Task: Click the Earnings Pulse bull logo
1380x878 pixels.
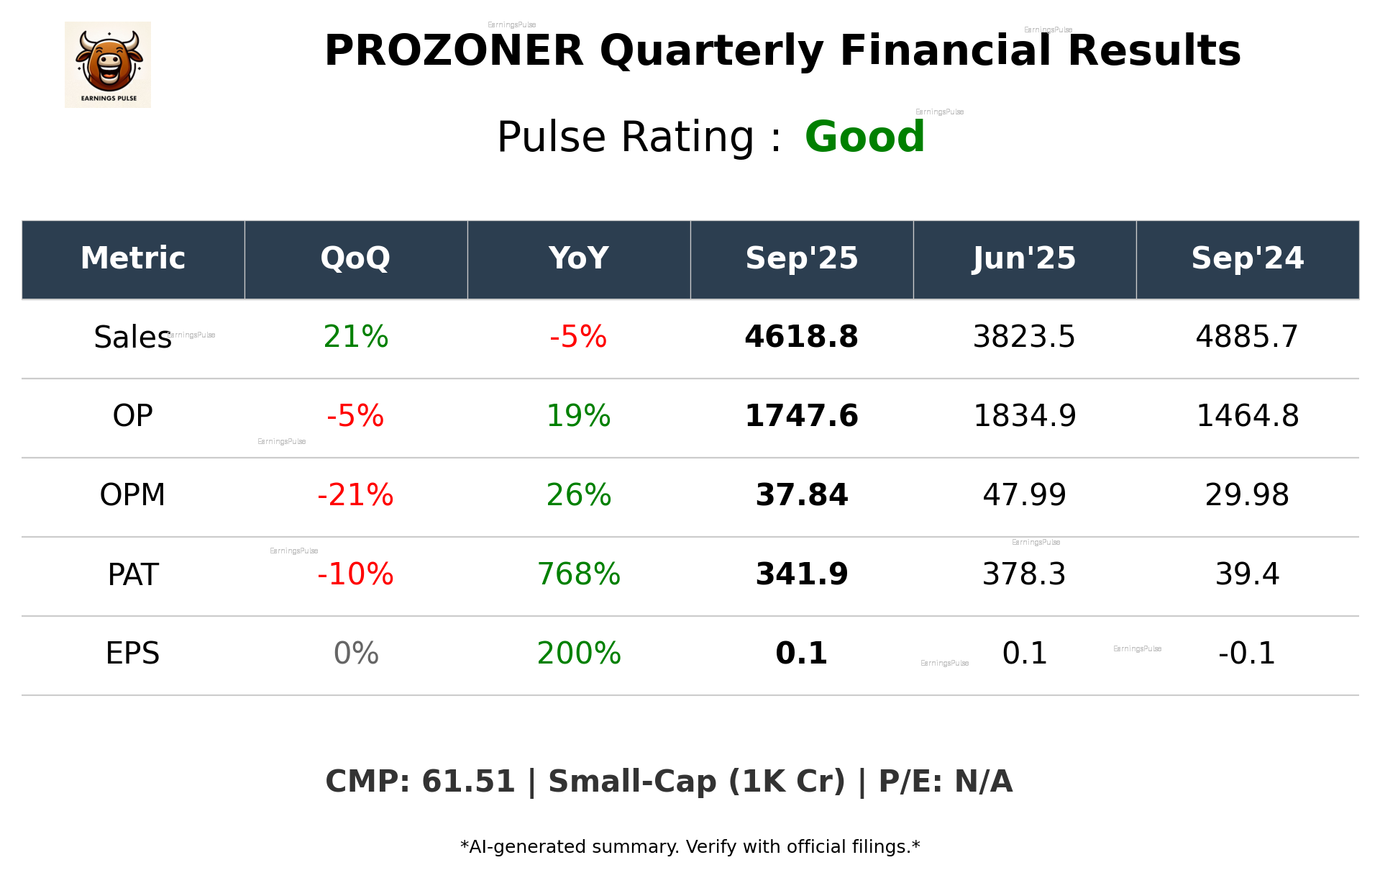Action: (x=108, y=65)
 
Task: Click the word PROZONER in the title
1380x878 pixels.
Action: (x=454, y=51)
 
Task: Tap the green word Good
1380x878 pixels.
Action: (x=864, y=137)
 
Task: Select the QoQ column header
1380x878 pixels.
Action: (x=355, y=258)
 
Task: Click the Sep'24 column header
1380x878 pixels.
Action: (x=1247, y=258)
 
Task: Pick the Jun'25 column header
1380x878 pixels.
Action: (x=1024, y=258)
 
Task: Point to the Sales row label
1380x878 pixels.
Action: (x=132, y=338)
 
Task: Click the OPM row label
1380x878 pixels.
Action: (x=132, y=495)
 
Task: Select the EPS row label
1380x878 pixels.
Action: (x=132, y=653)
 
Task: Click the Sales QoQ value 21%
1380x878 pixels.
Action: (x=355, y=337)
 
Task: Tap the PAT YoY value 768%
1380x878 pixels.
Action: (x=578, y=574)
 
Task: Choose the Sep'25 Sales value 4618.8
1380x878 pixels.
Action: (x=801, y=337)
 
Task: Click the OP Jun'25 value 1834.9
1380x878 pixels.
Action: (x=1024, y=416)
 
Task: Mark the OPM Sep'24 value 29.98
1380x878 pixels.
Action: (x=1247, y=495)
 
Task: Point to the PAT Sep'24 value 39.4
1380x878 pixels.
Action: (x=1247, y=574)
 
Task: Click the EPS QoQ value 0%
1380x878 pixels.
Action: (x=355, y=653)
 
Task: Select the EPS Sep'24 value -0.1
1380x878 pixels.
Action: (x=1247, y=653)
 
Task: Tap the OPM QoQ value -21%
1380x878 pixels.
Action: (x=355, y=495)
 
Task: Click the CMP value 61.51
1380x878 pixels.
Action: (x=468, y=782)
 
